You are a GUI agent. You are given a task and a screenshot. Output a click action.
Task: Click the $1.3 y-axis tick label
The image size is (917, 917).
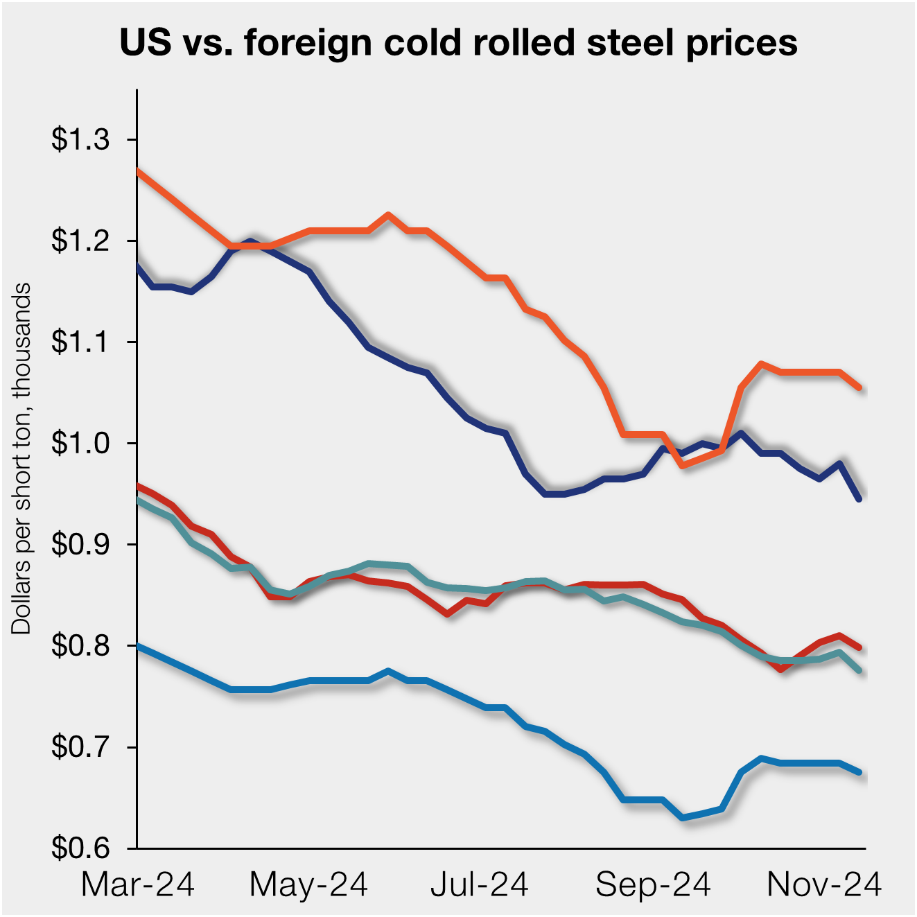click(x=80, y=140)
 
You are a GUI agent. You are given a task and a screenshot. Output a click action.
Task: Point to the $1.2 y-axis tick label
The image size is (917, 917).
click(x=80, y=241)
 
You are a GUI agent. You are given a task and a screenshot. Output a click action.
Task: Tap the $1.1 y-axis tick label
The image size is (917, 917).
click(x=80, y=342)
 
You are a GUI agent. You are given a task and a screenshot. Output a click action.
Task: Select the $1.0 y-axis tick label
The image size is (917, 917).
click(x=80, y=444)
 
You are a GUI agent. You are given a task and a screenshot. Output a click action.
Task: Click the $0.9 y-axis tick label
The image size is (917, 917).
click(x=80, y=545)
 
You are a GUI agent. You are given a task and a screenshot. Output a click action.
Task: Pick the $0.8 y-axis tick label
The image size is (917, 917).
click(x=80, y=646)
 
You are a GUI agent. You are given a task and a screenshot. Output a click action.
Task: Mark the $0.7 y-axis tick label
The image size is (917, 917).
click(x=80, y=747)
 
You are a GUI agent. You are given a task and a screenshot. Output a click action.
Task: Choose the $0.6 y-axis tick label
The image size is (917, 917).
click(x=80, y=848)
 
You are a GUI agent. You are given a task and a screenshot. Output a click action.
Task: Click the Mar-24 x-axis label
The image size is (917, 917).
click(x=138, y=885)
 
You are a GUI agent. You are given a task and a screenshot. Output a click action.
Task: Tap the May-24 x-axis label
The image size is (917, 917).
click(x=308, y=885)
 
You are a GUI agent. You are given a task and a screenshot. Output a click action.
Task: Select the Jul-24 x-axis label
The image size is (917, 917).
click(x=480, y=885)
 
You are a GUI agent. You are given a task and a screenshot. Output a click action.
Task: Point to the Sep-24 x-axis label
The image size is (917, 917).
click(x=653, y=885)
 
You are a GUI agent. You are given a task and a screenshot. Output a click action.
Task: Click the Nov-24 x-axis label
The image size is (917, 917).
click(x=824, y=885)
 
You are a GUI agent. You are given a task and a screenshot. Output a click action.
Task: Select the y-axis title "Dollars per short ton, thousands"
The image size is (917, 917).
click(x=21, y=458)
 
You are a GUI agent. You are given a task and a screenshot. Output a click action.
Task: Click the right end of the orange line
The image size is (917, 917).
click(x=860, y=388)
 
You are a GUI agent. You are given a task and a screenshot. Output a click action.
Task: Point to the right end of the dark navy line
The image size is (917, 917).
click(x=860, y=499)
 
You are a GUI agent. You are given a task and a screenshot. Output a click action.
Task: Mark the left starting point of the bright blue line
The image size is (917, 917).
click(x=138, y=646)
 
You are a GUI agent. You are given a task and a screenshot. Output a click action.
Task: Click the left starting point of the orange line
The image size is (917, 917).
click(x=138, y=170)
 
